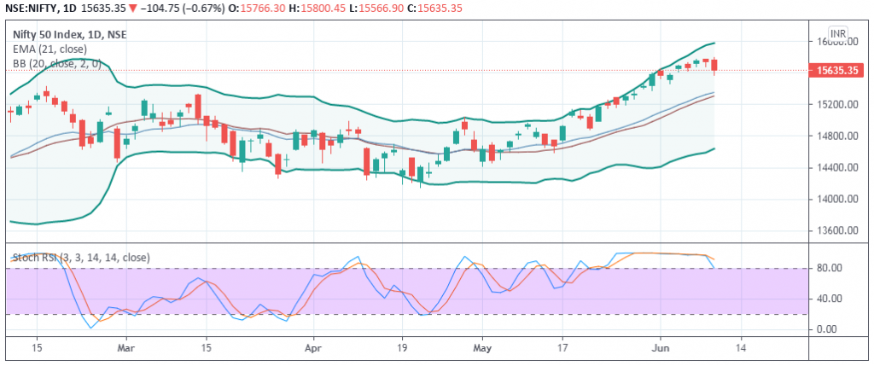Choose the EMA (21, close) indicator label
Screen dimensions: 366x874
[50, 49]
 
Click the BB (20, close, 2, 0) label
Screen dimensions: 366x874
[56, 63]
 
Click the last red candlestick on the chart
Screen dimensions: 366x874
[714, 65]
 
